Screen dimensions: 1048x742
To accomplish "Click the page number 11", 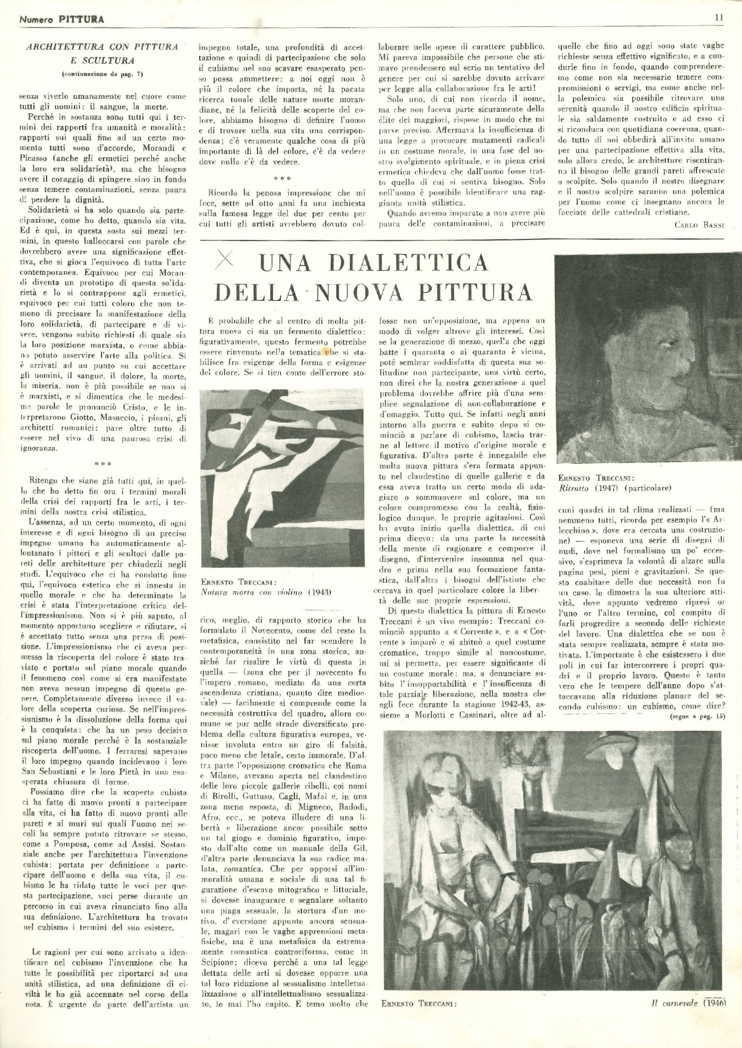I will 719,17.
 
